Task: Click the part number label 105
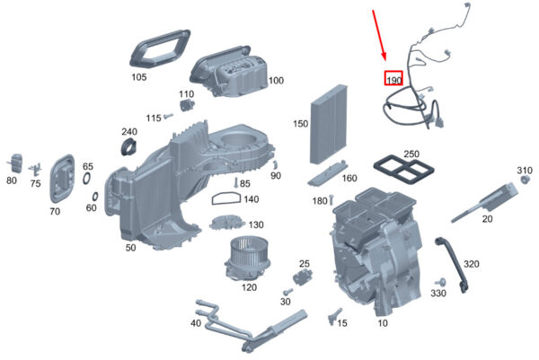click(139, 77)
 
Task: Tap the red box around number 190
click(393, 78)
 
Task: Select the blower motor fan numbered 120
click(244, 259)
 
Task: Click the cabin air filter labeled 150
click(329, 124)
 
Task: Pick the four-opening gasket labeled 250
click(403, 169)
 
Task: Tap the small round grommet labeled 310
click(525, 180)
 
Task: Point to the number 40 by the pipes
click(196, 323)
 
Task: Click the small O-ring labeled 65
click(87, 179)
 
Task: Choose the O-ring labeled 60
click(94, 197)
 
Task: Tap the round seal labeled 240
click(129, 146)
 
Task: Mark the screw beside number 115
click(168, 117)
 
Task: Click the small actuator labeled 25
click(303, 277)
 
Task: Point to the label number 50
click(130, 247)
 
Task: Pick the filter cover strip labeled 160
click(325, 174)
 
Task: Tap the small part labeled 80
click(16, 164)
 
